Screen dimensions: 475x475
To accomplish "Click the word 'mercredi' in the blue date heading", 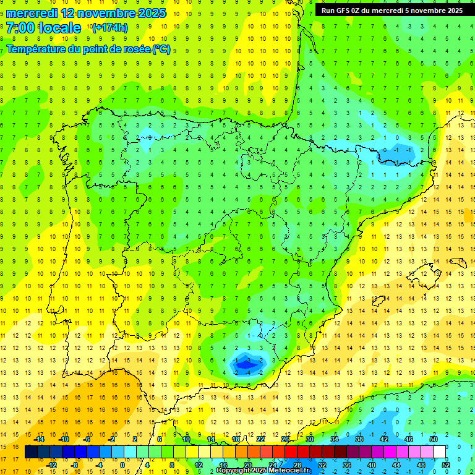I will tap(33, 13).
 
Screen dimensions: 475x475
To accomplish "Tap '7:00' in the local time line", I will tap(23, 28).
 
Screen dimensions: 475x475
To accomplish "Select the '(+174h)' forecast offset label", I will tap(109, 28).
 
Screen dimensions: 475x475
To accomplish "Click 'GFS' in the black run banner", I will tap(344, 11).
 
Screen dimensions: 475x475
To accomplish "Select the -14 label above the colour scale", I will tap(39, 439).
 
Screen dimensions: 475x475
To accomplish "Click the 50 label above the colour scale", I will tap(433, 439).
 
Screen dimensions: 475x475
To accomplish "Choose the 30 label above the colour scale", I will tap(310, 439).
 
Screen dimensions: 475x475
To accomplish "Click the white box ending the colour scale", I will tap(440, 452).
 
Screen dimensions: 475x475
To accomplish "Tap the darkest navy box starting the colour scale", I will tap(31, 452).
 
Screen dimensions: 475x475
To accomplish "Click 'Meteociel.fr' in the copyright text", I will tap(290, 471).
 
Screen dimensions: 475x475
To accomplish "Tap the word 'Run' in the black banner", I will tap(328, 11).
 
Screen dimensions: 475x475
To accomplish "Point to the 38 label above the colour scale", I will tap(359, 439).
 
